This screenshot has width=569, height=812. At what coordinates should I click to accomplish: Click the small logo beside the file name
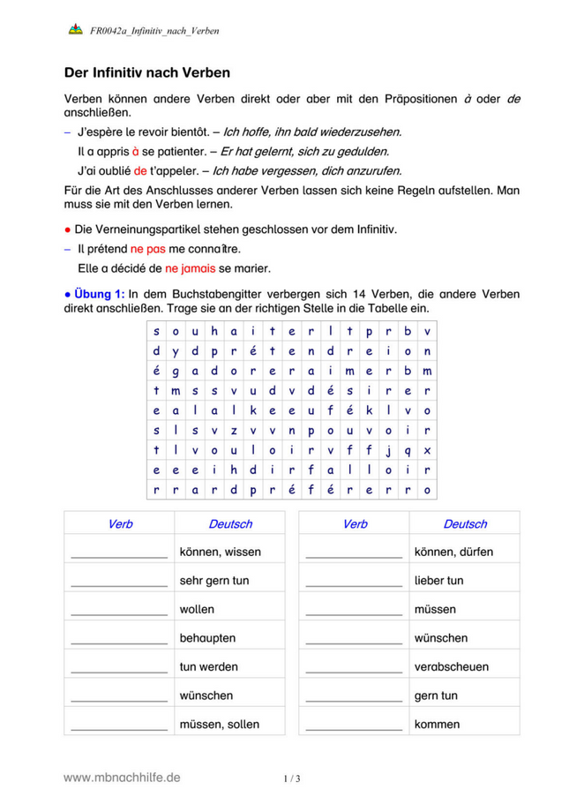[x=75, y=30]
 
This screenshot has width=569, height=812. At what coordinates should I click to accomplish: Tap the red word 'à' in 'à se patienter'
[x=136, y=151]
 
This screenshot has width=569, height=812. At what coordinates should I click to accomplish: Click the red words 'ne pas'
[x=148, y=248]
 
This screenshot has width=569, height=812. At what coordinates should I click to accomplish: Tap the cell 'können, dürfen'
[x=453, y=552]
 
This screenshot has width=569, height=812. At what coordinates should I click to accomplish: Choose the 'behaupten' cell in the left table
[x=207, y=637]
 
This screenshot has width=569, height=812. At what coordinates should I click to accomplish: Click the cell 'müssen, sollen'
[x=219, y=724]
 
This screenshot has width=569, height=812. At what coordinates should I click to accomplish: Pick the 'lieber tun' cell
[x=438, y=581]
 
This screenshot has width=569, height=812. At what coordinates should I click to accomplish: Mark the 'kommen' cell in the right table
[x=437, y=724]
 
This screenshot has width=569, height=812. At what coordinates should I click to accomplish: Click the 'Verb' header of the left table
[x=120, y=524]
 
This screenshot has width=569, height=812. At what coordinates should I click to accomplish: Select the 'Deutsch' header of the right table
[x=465, y=524]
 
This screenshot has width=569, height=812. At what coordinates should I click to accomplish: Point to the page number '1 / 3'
[x=292, y=778]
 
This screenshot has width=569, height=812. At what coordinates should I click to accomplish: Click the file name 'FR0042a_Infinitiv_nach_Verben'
[x=154, y=31]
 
